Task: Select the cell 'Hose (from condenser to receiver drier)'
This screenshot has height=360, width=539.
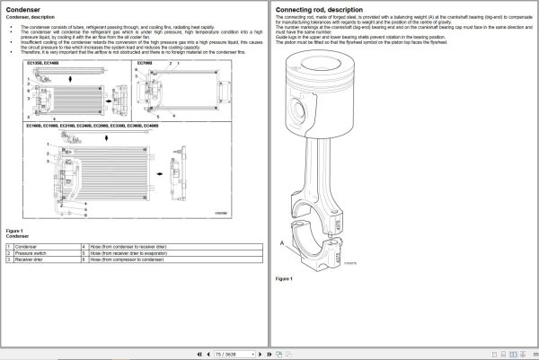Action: tap(127, 246)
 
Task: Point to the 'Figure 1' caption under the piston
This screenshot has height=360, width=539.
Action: tap(284, 279)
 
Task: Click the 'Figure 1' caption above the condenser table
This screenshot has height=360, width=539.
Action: tap(14, 231)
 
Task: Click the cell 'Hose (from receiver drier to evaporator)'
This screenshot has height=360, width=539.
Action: tap(126, 253)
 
